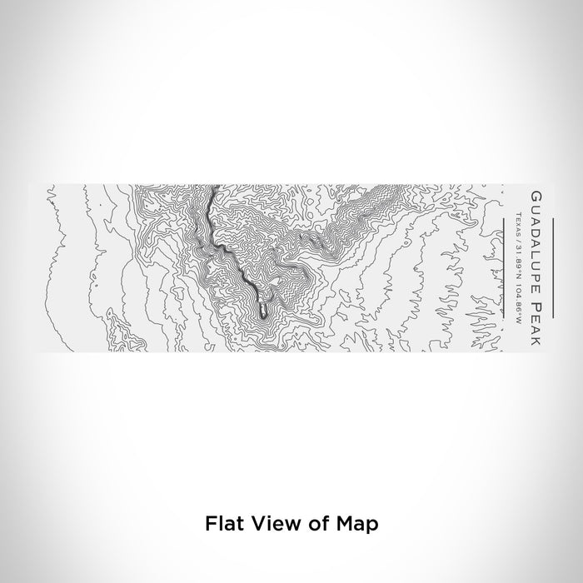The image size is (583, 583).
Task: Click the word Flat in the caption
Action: [222, 525]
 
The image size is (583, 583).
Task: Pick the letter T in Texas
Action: [518, 215]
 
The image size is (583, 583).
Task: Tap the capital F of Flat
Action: [209, 525]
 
